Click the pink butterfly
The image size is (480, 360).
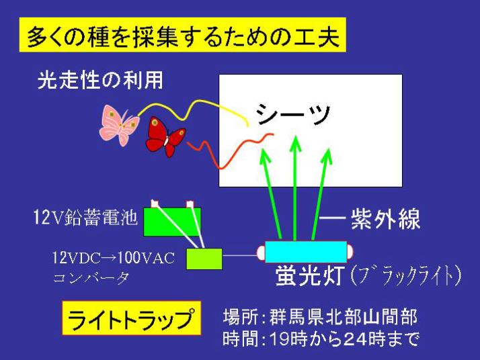click(120, 125)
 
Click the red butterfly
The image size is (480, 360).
click(165, 137)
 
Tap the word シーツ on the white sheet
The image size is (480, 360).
click(293, 114)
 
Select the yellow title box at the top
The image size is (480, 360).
click(183, 35)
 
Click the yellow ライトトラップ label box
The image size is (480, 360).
click(132, 318)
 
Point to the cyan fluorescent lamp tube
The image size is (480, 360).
click(306, 252)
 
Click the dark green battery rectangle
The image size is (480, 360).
click(172, 222)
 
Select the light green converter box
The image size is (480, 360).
click(204, 259)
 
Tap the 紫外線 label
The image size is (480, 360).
click(385, 219)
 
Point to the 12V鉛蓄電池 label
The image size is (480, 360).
click(85, 218)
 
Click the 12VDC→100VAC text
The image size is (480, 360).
click(113, 257)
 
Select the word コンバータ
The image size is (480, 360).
click(91, 278)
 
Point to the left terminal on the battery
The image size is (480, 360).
click(155, 204)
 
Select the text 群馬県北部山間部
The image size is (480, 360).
click(343, 316)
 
